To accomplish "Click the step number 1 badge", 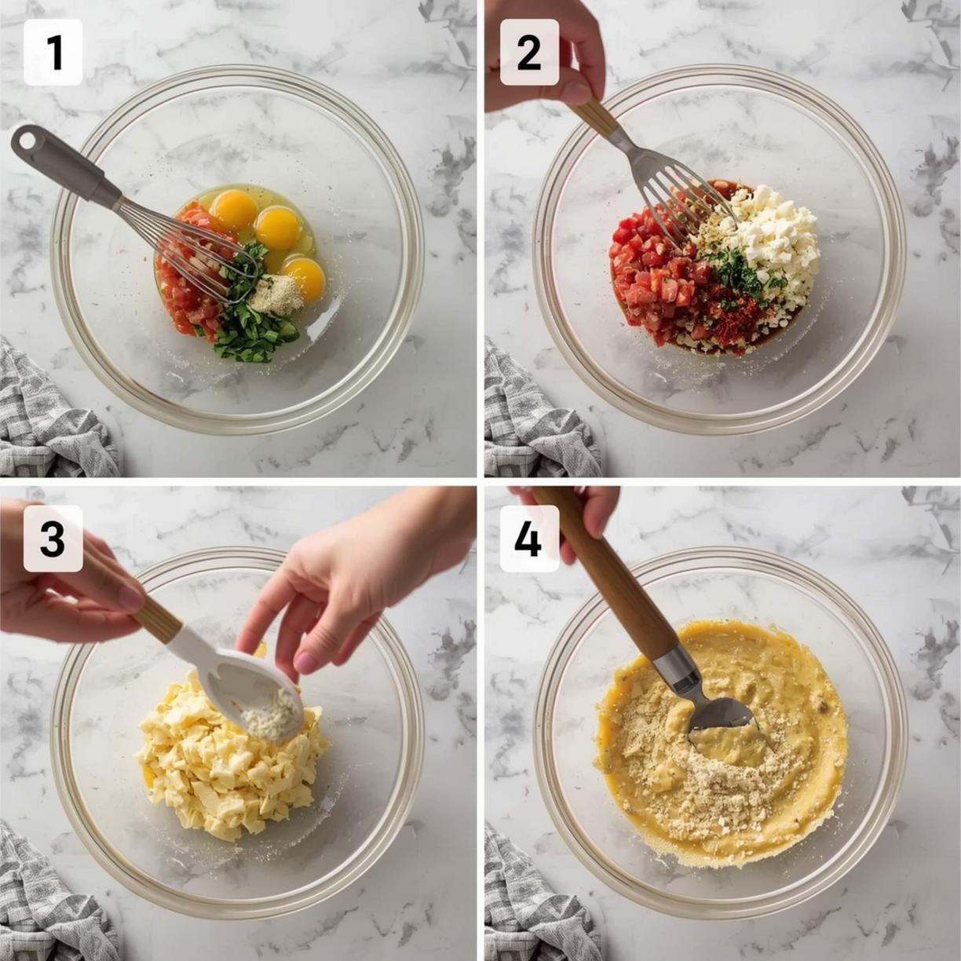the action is [53, 52].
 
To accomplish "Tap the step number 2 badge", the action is [529, 52].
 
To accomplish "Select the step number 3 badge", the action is [53, 539].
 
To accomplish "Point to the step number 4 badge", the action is [529, 539].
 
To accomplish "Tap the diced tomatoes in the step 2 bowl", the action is [658, 269].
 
